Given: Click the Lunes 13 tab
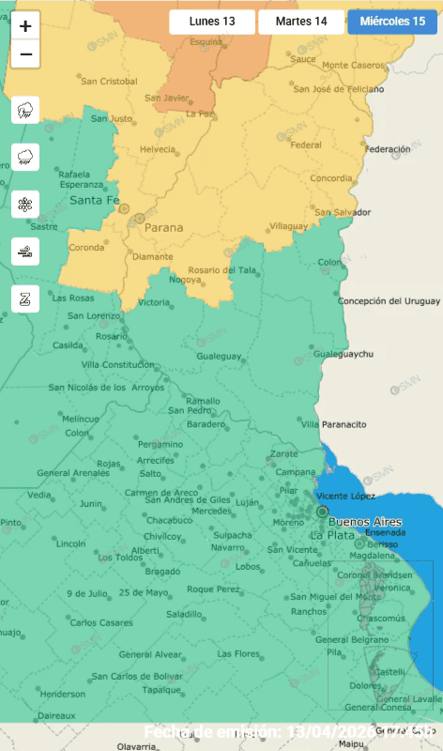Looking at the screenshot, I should click(x=211, y=22).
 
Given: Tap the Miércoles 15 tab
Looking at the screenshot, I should click(x=392, y=22).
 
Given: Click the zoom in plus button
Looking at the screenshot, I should click(x=25, y=26).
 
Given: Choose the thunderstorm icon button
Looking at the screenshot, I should click(x=25, y=111).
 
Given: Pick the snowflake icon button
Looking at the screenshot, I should click(x=25, y=204).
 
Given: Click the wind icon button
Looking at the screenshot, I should click(x=25, y=251).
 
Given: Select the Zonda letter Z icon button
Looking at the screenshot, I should click(x=25, y=299).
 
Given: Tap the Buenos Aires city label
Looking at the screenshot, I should click(x=366, y=522).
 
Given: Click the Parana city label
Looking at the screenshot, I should click(x=163, y=226).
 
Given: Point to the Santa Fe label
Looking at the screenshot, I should click(x=95, y=200).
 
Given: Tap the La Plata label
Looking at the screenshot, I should click(x=332, y=535).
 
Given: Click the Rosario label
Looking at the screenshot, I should click(x=111, y=336).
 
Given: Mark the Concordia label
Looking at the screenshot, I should click(x=331, y=177).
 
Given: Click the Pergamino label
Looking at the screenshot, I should click(x=160, y=443).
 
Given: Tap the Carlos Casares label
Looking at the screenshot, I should click(x=100, y=623).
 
